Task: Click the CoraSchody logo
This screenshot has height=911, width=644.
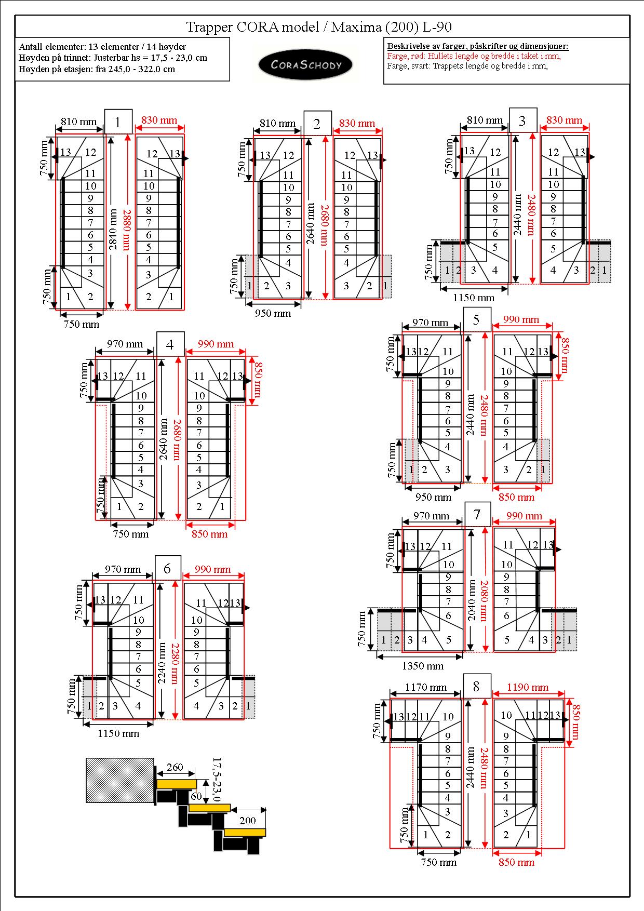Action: pyautogui.click(x=305, y=65)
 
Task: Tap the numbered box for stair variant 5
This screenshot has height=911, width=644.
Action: pyautogui.click(x=477, y=319)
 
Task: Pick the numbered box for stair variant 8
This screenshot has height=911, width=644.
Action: pyautogui.click(x=476, y=687)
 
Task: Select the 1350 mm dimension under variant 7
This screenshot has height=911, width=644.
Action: pyautogui.click(x=423, y=665)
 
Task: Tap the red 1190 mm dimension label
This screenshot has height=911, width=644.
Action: pyautogui.click(x=528, y=687)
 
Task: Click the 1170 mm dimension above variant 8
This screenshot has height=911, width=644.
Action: pyautogui.click(x=425, y=687)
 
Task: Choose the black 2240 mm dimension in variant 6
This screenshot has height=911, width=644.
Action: pyautogui.click(x=163, y=663)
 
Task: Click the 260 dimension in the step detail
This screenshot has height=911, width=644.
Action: pyautogui.click(x=175, y=767)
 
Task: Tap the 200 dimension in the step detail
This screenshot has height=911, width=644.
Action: pyautogui.click(x=248, y=821)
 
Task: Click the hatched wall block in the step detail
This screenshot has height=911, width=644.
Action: pyautogui.click(x=120, y=780)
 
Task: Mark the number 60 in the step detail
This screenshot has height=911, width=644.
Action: pyautogui.click(x=196, y=796)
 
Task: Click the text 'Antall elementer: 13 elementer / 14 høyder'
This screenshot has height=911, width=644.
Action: pyautogui.click(x=102, y=47)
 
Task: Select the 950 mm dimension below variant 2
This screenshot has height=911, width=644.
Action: pyautogui.click(x=273, y=313)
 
